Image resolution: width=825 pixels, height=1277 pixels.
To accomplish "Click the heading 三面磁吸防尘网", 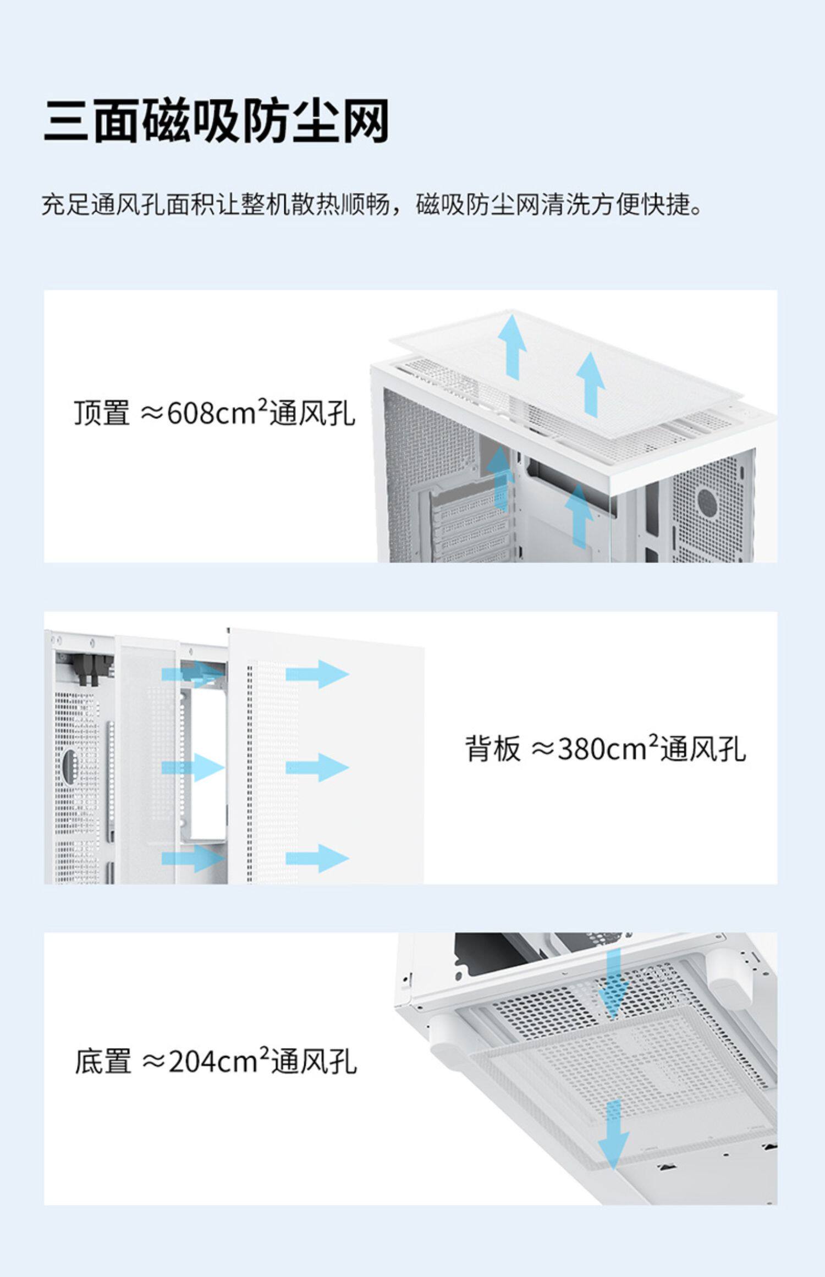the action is (x=216, y=120).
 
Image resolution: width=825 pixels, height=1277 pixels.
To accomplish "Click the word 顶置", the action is (x=102, y=413).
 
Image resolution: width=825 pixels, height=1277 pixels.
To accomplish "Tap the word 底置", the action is (x=103, y=1061).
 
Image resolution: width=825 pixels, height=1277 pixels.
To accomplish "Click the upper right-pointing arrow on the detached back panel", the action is (x=317, y=674).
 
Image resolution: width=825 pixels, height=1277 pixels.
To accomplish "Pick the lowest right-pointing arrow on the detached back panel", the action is (x=317, y=857).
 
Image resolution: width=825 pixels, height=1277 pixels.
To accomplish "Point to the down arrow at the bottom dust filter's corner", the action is (x=613, y=1135).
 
